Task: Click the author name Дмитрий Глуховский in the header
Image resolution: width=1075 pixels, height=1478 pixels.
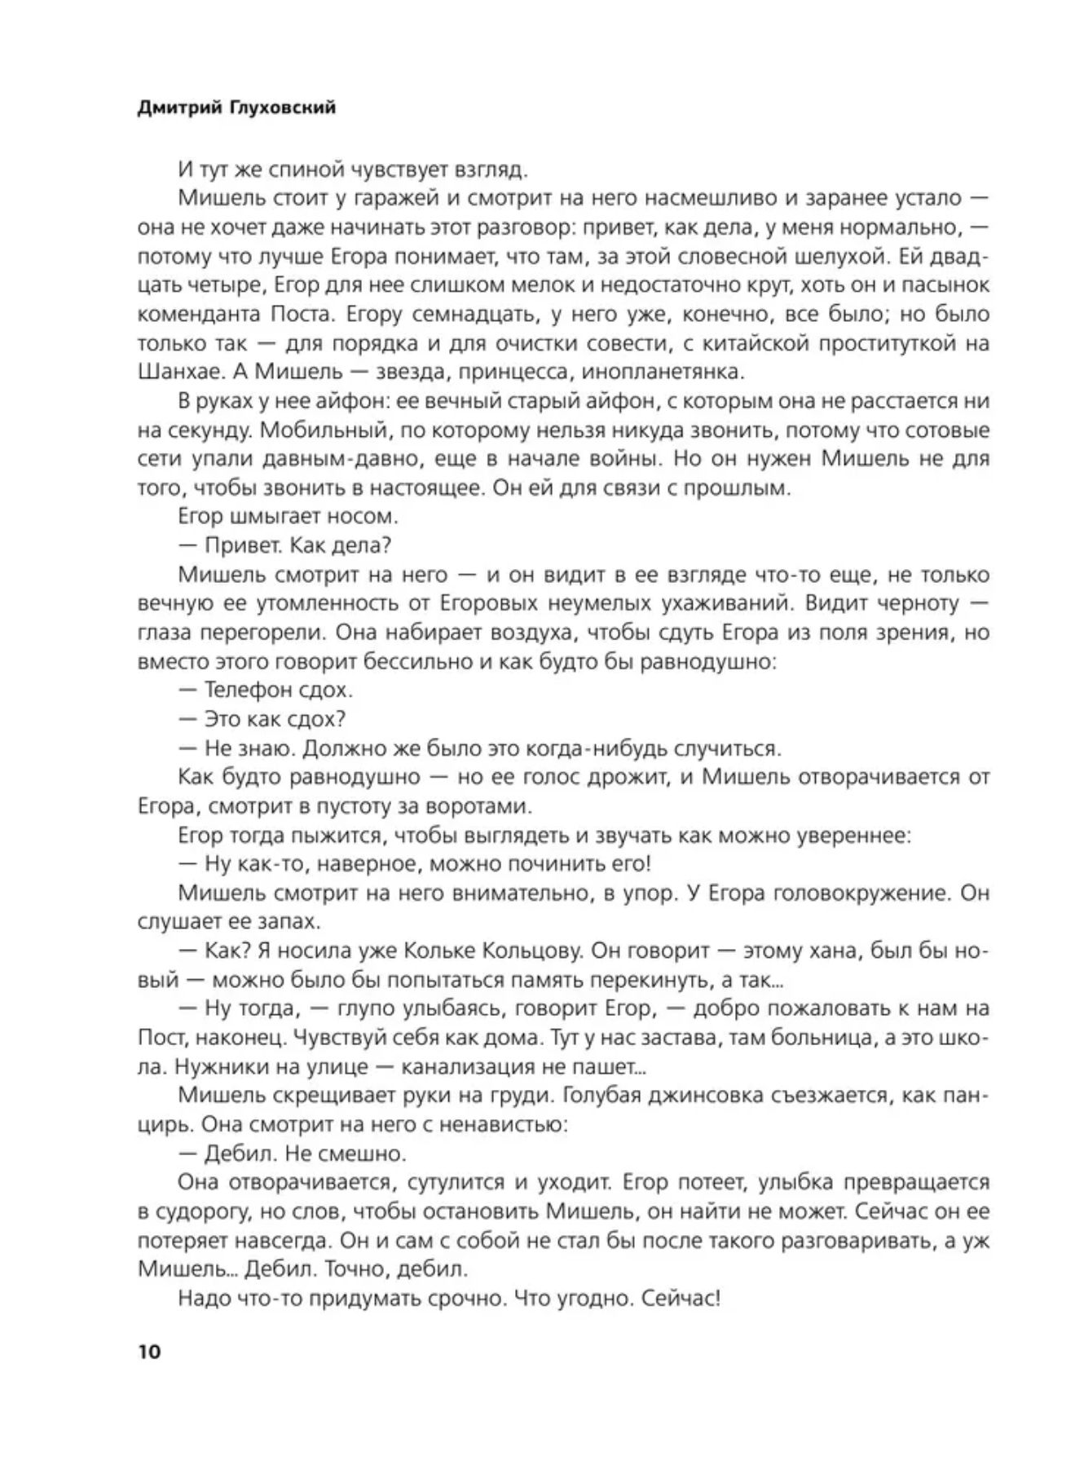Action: pyautogui.click(x=236, y=108)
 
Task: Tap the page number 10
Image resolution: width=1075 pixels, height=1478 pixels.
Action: pyautogui.click(x=150, y=1352)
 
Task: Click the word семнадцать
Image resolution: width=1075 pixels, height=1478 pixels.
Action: pyautogui.click(x=469, y=314)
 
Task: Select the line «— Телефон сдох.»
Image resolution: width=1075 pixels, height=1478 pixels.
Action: pyautogui.click(x=265, y=690)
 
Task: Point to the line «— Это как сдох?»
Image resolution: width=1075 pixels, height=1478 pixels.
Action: pyautogui.click(x=262, y=719)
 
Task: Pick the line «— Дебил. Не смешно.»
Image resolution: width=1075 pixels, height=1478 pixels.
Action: pyautogui.click(x=291, y=1154)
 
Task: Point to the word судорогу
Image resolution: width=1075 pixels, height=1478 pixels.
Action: pyautogui.click(x=190, y=1211)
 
